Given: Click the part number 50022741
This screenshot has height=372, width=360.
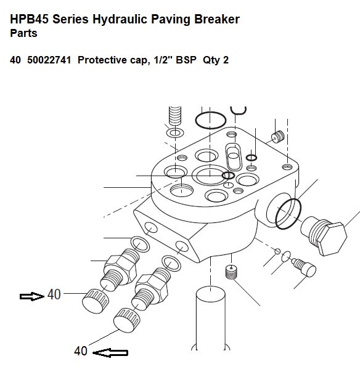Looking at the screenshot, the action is coord(49,60).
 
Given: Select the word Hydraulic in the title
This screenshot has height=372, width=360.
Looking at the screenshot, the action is coord(120,20).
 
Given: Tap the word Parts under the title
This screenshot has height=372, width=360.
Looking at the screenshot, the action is coord(23,33).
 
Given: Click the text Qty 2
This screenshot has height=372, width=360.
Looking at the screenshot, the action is coord(216,60).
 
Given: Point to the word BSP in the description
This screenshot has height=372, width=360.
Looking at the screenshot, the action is coord(186,60).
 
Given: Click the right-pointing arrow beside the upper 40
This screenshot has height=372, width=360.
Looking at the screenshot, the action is coord(32,296).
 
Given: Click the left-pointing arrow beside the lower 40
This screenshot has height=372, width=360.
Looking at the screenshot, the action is coord(110,352).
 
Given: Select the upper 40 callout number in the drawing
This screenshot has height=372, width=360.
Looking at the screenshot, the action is coord(54,294).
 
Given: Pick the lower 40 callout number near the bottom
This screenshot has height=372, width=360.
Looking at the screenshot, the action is coord(81,351).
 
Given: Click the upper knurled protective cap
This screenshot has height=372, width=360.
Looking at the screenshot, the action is coord(96,301).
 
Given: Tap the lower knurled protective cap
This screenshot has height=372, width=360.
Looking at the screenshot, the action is coord(126,320).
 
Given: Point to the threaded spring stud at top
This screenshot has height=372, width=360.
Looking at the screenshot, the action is coord(175,116).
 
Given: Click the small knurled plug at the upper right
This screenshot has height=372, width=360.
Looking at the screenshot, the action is coord(278,137).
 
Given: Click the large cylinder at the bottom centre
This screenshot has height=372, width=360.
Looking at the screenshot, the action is coord(210,318).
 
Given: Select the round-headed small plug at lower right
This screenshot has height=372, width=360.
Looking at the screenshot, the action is coord(305,268).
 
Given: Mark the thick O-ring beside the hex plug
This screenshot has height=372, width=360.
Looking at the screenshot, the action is coord(288,214).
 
